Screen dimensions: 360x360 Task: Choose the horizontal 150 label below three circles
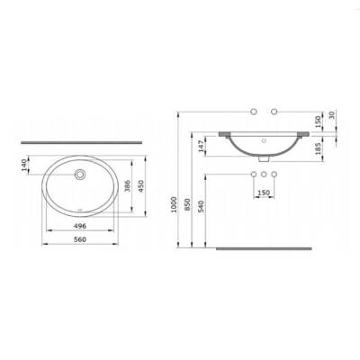click(x=264, y=192)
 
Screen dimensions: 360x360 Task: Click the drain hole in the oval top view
click(x=82, y=175)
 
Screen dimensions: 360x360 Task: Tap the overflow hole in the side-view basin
click(x=264, y=142)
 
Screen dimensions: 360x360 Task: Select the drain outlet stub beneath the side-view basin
click(x=264, y=159)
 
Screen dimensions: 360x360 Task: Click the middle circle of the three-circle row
click(x=264, y=172)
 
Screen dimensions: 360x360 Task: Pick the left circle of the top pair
click(x=254, y=112)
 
